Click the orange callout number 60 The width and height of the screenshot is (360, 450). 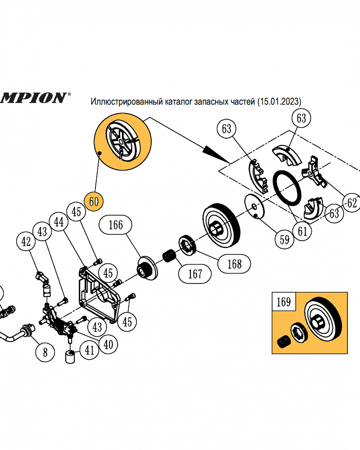pyautogui.click(x=94, y=201)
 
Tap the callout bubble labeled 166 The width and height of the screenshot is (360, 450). pyautogui.click(x=116, y=225)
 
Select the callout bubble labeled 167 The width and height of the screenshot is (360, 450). pyautogui.click(x=195, y=273)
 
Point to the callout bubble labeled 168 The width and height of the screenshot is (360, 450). pyautogui.click(x=234, y=263)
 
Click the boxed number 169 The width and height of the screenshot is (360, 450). pyautogui.click(x=283, y=301)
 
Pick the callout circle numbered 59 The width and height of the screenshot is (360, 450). pyautogui.click(x=284, y=239)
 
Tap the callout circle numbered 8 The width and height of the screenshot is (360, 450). pyautogui.click(x=45, y=351)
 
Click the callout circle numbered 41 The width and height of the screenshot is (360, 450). pyautogui.click(x=90, y=350)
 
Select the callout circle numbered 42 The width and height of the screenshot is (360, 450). pyautogui.click(x=27, y=242)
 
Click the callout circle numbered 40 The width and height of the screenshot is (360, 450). pyautogui.click(x=108, y=344)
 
